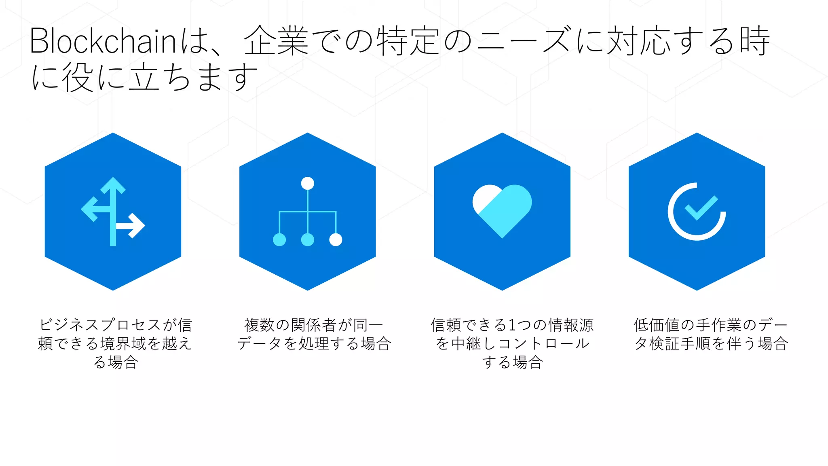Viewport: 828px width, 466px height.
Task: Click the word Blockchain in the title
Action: point(103,41)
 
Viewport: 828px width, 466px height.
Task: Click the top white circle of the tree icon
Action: point(308,183)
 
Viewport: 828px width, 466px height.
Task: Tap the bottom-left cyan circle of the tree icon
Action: point(279,240)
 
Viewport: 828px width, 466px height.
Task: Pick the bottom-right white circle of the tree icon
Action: point(336,240)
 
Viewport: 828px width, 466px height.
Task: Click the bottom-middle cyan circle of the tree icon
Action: point(308,240)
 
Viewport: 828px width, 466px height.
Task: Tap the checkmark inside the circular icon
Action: point(701,208)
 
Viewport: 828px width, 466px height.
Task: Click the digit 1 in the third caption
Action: point(512,325)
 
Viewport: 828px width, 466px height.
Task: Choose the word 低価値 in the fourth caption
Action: point(657,325)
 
